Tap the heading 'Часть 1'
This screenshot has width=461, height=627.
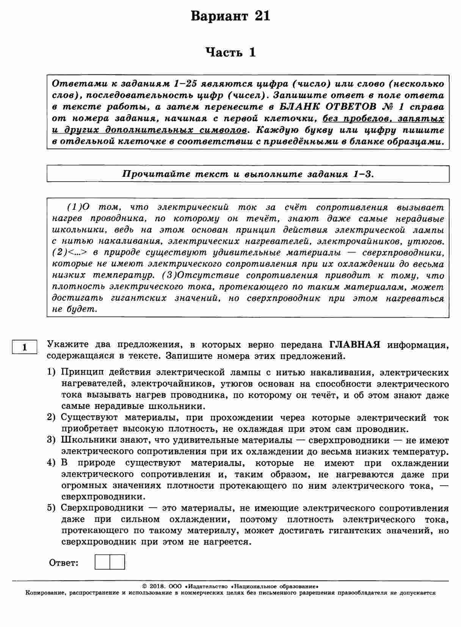230,52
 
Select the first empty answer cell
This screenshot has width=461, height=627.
102,562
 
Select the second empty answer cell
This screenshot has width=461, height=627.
117,562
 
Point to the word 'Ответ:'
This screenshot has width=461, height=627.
64,563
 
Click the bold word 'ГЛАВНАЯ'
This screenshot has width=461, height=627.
355,345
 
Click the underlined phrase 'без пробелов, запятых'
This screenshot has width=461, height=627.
383,118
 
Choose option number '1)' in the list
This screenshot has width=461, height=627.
52,372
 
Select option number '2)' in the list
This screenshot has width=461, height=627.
52,417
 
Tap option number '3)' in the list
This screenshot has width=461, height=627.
52,440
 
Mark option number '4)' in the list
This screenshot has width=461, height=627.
52,463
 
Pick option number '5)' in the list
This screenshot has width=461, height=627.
52,508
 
